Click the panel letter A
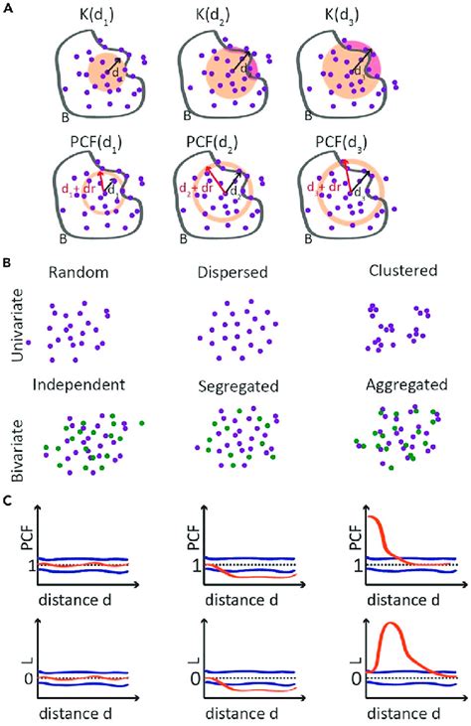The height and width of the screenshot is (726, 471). tap(10, 10)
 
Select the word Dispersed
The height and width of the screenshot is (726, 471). tap(235, 270)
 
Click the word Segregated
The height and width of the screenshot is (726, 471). tap(235, 383)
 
